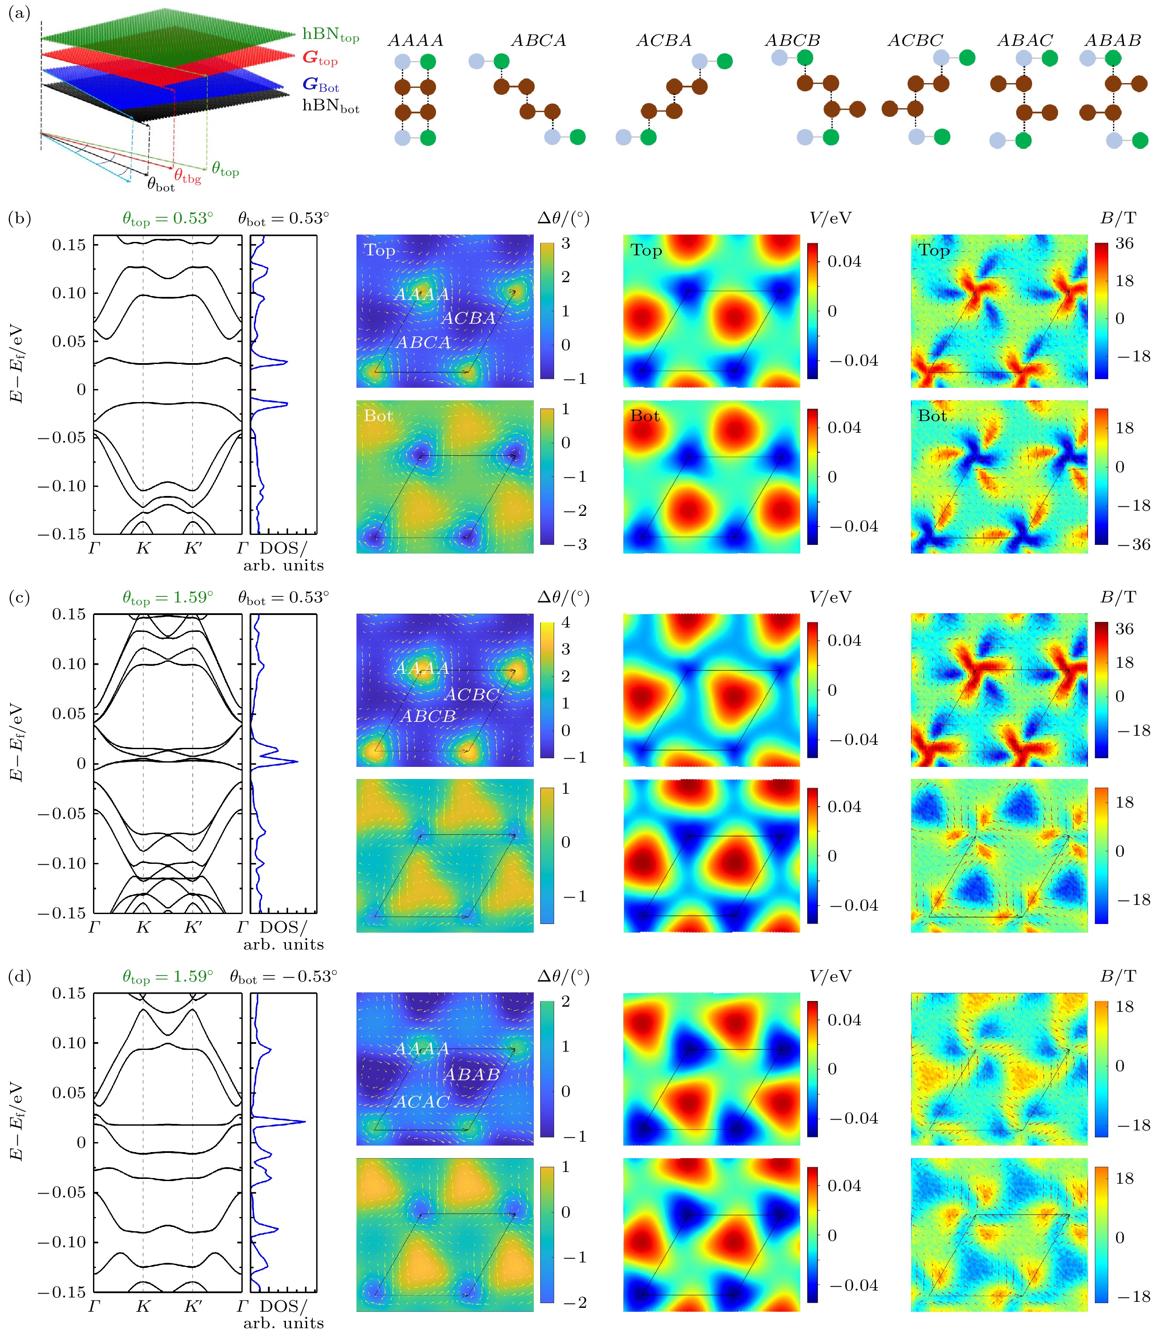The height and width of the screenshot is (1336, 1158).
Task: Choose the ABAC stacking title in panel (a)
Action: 1025,41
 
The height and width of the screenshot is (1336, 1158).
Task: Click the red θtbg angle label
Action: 187,176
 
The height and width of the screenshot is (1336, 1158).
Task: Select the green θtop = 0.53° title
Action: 168,219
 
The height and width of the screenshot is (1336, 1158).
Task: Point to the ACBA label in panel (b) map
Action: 468,318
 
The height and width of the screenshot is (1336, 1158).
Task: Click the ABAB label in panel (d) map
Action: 472,1074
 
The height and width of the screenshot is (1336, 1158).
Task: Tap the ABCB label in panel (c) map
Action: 428,716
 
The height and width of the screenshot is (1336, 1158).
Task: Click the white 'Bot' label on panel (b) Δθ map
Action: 378,415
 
